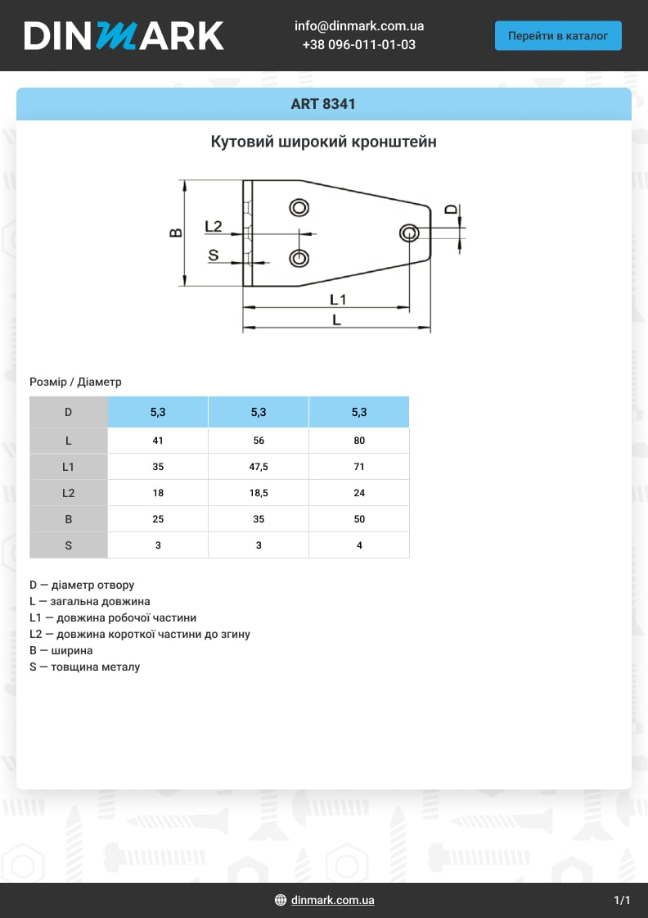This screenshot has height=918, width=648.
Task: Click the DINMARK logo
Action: coord(124,36)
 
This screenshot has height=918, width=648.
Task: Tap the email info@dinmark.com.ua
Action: coord(359,26)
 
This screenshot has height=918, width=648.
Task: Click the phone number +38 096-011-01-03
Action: coord(359,45)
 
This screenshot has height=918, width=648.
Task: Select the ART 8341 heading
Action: coord(323,105)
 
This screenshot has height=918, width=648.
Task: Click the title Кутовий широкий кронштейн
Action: coord(323,142)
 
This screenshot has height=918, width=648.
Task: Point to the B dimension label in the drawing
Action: coord(175,233)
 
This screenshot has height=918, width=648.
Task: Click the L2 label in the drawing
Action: coord(214,226)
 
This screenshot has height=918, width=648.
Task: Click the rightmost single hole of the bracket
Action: coord(409,233)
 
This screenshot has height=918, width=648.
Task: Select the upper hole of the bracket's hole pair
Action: coord(299,207)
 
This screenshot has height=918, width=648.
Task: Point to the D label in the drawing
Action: coord(451,210)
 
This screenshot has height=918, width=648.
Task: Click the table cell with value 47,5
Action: coord(259,467)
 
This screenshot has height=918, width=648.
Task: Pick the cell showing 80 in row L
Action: coord(359,441)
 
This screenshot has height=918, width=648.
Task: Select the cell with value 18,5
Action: coord(259,493)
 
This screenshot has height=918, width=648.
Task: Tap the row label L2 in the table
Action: coord(69,493)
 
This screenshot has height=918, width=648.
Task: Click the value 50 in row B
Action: coord(359,519)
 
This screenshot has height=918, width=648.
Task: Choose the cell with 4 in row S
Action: coord(359,545)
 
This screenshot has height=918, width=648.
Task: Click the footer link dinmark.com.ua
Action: coord(332,901)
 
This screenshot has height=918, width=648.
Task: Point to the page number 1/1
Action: coord(622,901)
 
